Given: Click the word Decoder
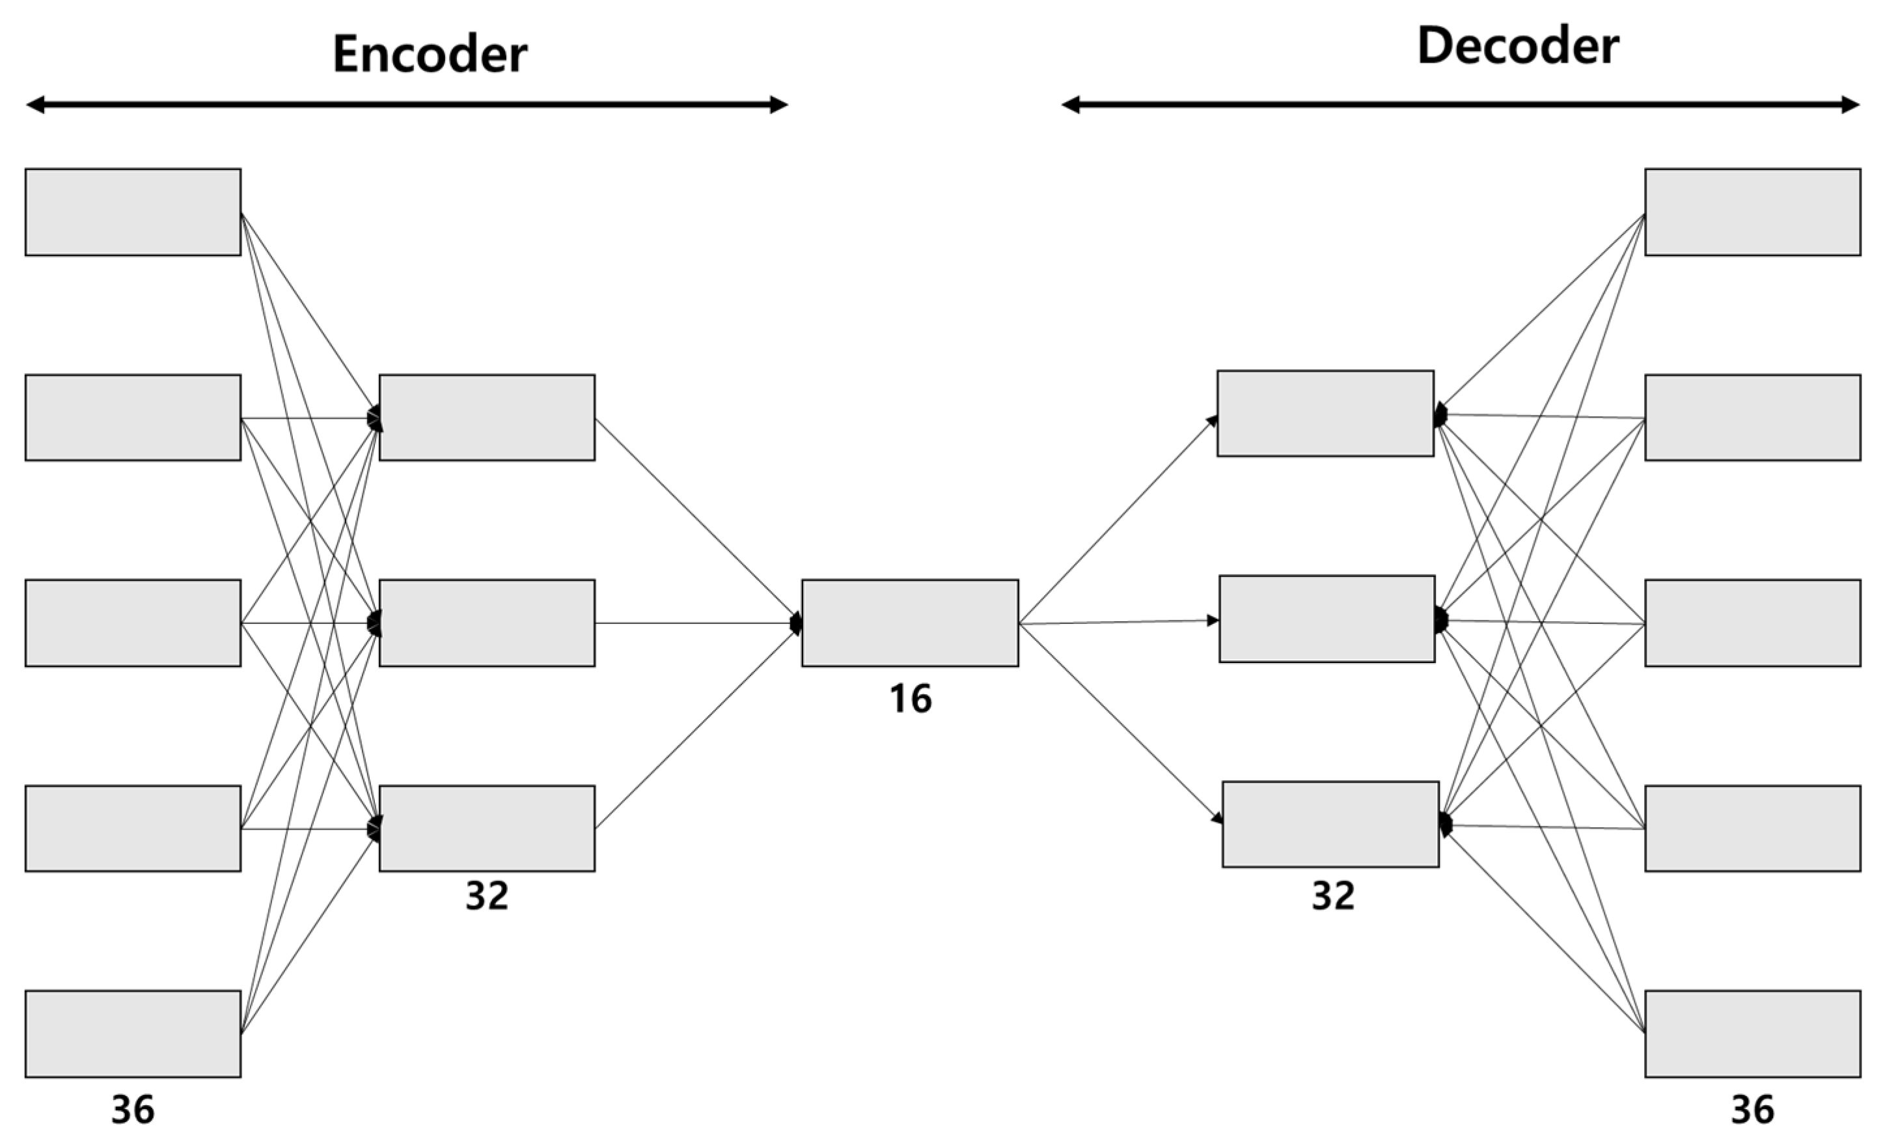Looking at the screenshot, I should click(x=1518, y=46).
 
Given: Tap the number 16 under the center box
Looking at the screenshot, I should click(x=910, y=699).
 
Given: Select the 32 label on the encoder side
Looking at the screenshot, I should click(x=487, y=896).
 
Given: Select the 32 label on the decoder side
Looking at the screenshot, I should click(x=1334, y=896).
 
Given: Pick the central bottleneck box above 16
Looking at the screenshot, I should click(x=910, y=623).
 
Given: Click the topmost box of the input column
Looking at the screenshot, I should click(x=133, y=212).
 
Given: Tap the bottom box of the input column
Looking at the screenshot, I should click(x=133, y=1034).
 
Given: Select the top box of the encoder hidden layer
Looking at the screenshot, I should click(x=487, y=417).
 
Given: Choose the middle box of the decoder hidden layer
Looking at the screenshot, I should click(x=1326, y=619).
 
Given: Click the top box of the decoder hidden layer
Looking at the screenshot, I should click(x=1325, y=414).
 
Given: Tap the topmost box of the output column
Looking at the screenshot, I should click(x=1752, y=212).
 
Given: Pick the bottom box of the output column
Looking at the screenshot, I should click(x=1752, y=1034).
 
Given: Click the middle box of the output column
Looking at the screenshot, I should click(x=1752, y=623).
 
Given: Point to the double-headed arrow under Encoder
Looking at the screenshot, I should click(x=407, y=105).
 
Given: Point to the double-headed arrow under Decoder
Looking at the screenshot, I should click(x=1460, y=105).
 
